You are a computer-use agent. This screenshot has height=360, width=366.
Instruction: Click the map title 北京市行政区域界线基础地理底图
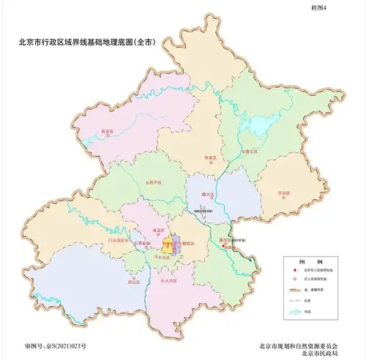[x=86, y=42]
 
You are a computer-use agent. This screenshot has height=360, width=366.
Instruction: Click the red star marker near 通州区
[x=223, y=247]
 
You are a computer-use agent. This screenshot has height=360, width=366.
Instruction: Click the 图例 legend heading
[x=298, y=260]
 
